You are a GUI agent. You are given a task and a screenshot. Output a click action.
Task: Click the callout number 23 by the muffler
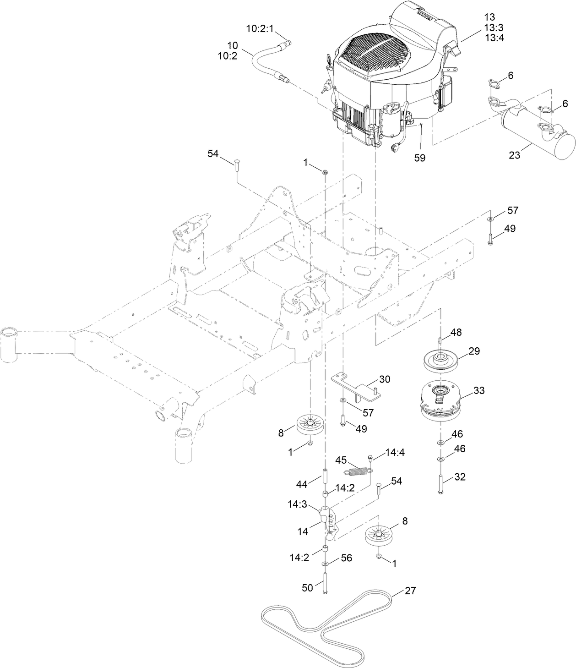pyautogui.click(x=514, y=155)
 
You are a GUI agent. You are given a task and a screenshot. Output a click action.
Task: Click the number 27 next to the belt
pyautogui.click(x=410, y=591)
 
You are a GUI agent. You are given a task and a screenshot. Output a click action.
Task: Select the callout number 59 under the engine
pyautogui.click(x=419, y=158)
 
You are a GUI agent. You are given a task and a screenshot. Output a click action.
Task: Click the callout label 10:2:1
pyautogui.click(x=260, y=29)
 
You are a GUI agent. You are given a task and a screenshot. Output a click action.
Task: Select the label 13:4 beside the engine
pyautogui.click(x=494, y=38)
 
